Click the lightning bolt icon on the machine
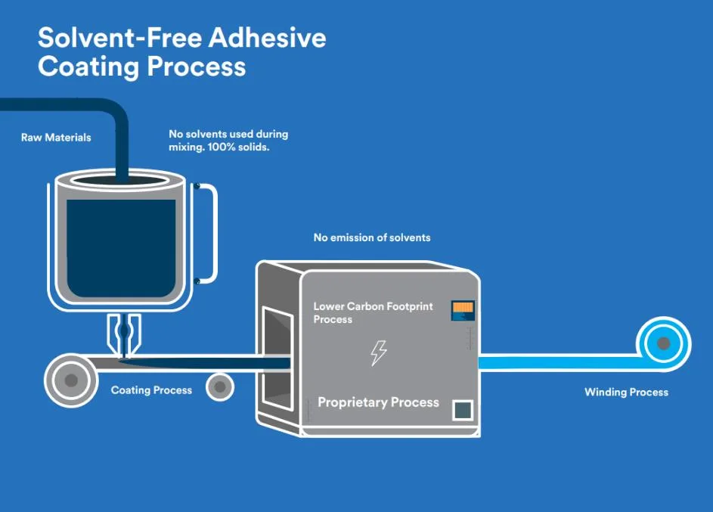(378, 352)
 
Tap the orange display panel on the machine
(462, 309)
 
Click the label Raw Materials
(56, 138)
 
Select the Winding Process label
(626, 392)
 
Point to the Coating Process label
(151, 390)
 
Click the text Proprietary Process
(378, 402)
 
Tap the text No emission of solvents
(372, 237)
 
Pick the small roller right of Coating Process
(219, 386)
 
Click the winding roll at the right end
(663, 344)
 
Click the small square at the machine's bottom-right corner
(462, 411)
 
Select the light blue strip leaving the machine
(560, 362)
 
